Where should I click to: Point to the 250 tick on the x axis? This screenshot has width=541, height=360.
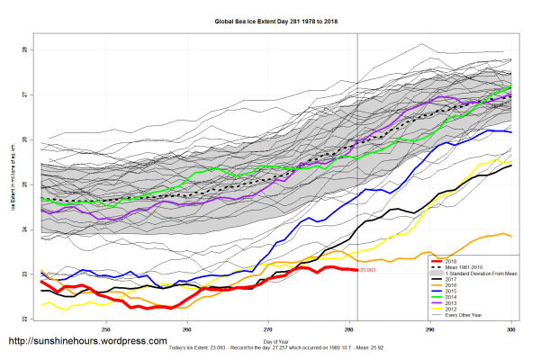106,329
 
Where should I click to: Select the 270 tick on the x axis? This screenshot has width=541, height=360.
268,329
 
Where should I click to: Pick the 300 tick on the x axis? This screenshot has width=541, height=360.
511,329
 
